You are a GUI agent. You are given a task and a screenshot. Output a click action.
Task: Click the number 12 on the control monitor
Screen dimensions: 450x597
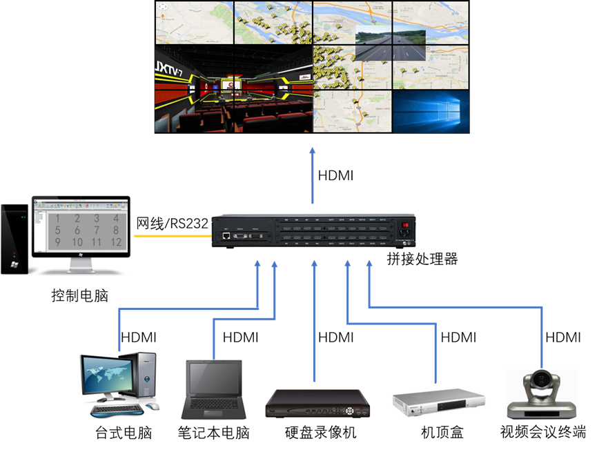coord(116,242)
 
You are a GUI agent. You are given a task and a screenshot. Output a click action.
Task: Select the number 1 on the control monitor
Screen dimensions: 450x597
coord(58,218)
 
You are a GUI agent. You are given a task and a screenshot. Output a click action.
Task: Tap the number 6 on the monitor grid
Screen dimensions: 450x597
coord(77,231)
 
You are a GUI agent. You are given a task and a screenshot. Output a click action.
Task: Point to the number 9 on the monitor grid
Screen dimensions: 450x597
coord(58,242)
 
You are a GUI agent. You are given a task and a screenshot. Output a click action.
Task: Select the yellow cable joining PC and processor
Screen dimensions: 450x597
coord(172,236)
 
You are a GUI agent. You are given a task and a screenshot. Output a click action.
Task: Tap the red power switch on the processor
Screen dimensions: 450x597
coord(405,224)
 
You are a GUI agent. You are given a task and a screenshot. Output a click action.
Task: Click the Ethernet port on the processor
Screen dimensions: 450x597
coord(226,236)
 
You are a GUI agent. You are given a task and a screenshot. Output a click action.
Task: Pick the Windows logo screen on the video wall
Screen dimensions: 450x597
coord(431,110)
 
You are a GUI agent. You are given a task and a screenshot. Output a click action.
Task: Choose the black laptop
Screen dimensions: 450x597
coord(213,389)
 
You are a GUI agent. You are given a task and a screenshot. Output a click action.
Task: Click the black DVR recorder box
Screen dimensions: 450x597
coord(317,404)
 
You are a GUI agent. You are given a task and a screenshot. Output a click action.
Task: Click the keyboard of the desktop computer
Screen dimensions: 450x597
coord(114,409)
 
